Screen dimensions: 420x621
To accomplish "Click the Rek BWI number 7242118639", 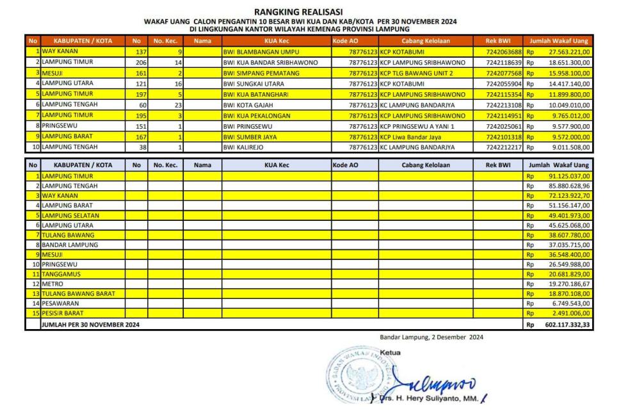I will coord(504,62).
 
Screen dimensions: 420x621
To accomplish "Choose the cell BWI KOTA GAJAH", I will coord(246,104).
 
